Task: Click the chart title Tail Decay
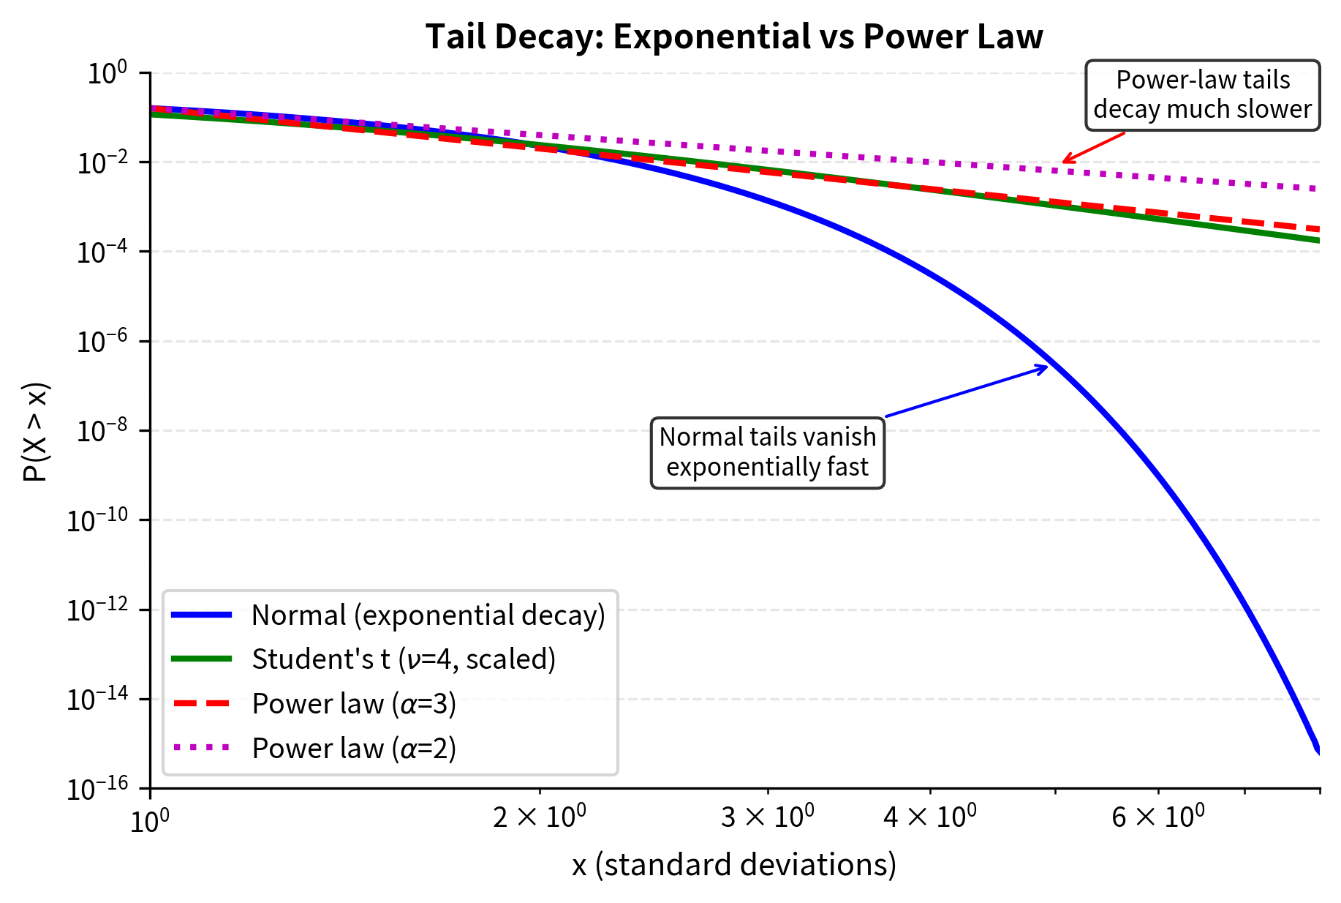(x=733, y=37)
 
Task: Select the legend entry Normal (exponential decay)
(x=428, y=615)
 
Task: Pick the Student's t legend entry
(x=404, y=659)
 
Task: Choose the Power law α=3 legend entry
(x=354, y=704)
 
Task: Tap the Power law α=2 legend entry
(x=354, y=749)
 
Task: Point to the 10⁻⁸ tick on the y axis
(x=102, y=431)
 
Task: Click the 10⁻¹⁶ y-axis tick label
(x=97, y=789)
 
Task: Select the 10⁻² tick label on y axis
(x=102, y=162)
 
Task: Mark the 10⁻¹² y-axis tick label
(x=97, y=610)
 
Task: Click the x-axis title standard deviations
(x=733, y=865)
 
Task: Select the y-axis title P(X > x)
(x=34, y=432)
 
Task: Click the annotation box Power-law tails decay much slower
(x=1202, y=95)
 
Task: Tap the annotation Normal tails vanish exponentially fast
(x=767, y=452)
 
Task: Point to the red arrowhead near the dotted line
(x=1066, y=160)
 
